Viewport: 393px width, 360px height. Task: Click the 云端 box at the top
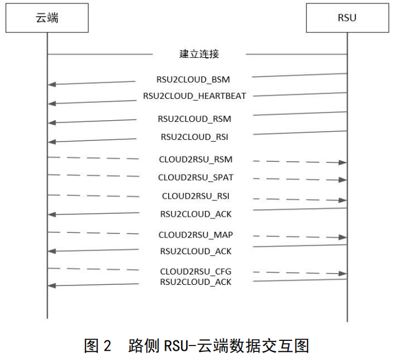47,18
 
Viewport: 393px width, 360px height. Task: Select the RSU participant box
347,18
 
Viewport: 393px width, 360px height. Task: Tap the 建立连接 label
199,54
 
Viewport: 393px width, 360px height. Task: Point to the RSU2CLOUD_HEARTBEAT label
195,96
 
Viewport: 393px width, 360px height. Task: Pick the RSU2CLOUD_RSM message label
194,119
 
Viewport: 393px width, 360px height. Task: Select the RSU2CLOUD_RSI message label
194,137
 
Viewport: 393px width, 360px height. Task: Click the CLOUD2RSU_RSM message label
196,159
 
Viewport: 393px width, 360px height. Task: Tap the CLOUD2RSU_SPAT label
196,177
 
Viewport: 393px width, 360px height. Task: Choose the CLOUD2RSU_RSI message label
196,196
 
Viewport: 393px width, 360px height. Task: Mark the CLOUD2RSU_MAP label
196,235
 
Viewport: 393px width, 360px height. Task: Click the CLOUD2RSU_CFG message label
196,271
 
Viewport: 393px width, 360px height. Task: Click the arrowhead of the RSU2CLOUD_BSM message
51,84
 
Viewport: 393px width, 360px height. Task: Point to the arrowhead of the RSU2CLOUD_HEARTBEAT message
51,103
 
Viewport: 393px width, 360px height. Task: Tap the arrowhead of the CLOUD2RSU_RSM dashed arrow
343,162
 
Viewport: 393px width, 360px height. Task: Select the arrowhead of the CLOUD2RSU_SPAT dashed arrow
343,180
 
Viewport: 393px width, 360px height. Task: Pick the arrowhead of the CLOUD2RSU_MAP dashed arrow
343,237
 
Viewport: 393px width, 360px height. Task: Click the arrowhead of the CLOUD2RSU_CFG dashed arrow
343,274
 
